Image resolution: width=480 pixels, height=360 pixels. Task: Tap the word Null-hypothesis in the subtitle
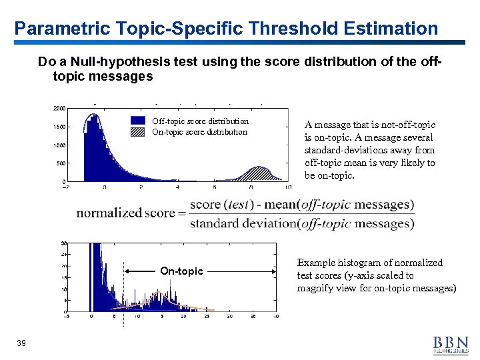107,63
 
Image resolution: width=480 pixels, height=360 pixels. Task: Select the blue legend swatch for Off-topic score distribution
138,121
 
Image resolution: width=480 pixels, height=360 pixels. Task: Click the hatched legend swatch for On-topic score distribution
138,131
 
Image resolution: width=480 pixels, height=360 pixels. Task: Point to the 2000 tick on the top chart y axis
59,108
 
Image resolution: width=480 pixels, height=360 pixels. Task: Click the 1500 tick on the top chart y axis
59,127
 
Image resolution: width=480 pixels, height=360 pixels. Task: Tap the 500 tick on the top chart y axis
60,163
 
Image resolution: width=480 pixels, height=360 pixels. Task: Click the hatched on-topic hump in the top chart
259,175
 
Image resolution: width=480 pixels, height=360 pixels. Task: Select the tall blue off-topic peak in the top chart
91,133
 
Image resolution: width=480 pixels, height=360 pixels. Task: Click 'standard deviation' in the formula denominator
243,223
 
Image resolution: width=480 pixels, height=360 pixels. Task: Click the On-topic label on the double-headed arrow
181,271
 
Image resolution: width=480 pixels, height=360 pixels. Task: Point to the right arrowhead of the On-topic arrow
273,271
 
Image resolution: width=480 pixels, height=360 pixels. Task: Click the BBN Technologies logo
450,342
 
